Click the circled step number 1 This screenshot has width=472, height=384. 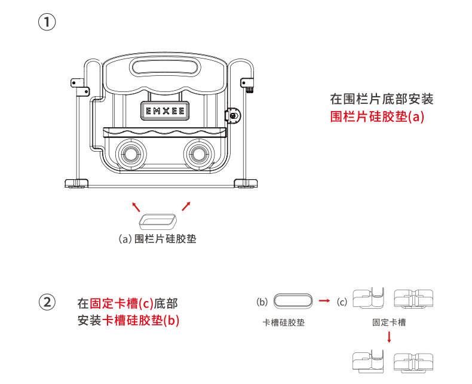(x=47, y=23)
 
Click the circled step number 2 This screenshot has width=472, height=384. (x=47, y=302)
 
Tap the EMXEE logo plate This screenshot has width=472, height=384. (x=165, y=110)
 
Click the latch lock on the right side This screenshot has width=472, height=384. (x=234, y=115)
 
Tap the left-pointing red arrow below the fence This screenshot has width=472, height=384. (x=136, y=207)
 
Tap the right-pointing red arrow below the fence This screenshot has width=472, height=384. (x=186, y=207)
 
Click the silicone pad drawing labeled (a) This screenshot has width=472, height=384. (x=158, y=222)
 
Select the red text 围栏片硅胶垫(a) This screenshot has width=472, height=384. (x=377, y=116)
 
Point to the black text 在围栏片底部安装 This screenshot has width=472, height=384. (x=381, y=99)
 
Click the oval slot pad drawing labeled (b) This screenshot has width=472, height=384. (x=293, y=301)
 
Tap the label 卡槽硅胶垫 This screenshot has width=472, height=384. (x=284, y=322)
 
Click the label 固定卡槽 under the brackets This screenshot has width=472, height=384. (x=389, y=322)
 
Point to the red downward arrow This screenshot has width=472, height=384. (x=390, y=337)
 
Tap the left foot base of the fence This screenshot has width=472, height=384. (x=77, y=183)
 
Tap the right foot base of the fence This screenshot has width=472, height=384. (x=246, y=183)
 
